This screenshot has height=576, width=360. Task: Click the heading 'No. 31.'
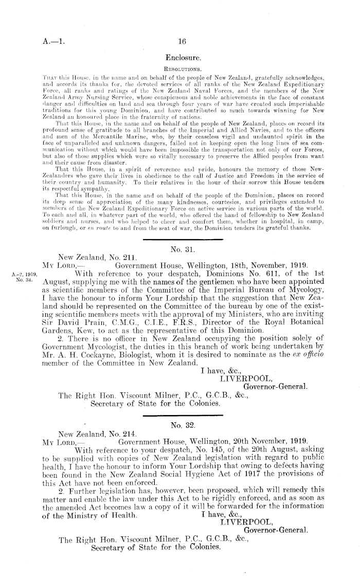tap(180, 251)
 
